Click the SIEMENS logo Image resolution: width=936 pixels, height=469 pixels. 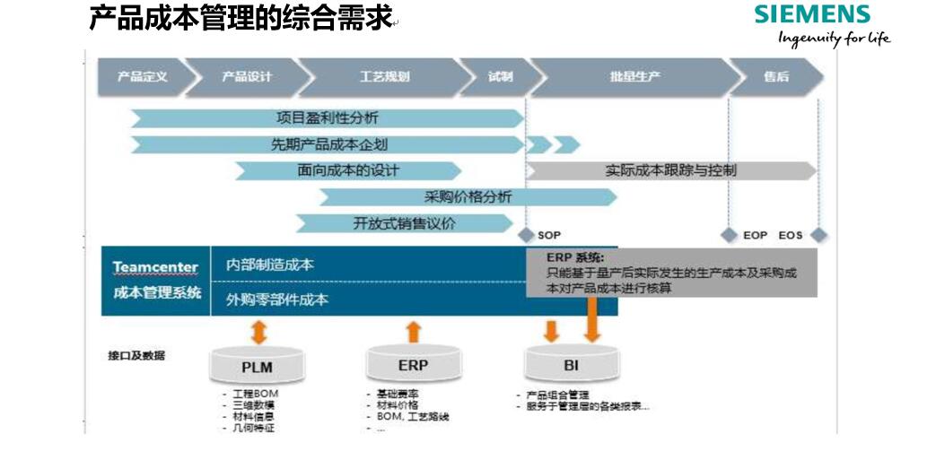click(x=812, y=14)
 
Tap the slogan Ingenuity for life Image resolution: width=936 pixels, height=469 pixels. click(x=834, y=38)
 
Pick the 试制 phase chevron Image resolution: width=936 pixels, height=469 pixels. click(x=499, y=77)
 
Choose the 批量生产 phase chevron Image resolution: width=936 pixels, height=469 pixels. click(x=634, y=77)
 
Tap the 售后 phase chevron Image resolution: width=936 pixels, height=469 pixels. click(x=775, y=77)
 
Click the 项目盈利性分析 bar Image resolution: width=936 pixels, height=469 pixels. click(x=327, y=118)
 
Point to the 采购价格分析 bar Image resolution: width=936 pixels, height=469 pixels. click(x=468, y=197)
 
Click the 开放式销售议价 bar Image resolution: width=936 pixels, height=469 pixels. click(x=404, y=223)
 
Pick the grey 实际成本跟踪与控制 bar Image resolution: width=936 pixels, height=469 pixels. click(x=670, y=170)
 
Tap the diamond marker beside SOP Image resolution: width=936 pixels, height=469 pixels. click(x=526, y=235)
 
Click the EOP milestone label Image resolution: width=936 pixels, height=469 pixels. click(x=755, y=235)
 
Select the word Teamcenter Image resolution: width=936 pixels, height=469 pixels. click(x=155, y=267)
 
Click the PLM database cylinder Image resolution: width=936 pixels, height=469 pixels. click(x=257, y=366)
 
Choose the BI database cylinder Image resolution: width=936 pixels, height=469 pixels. click(x=571, y=364)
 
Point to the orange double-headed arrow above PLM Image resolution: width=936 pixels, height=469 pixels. click(x=258, y=332)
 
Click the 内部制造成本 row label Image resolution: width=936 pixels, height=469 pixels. click(x=269, y=265)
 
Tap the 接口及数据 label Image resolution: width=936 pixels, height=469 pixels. click(x=136, y=356)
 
